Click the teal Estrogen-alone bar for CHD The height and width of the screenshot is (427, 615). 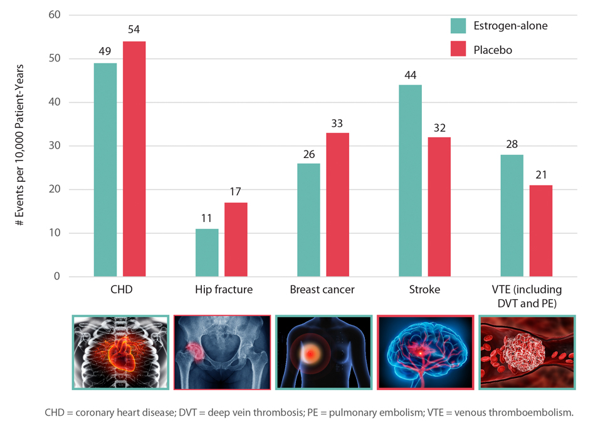(105, 169)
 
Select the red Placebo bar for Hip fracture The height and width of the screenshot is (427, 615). (236, 240)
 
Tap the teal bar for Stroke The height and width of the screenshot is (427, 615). (410, 181)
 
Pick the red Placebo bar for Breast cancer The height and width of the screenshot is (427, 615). (337, 204)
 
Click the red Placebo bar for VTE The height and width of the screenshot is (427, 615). (541, 231)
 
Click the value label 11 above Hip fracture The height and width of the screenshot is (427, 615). (207, 219)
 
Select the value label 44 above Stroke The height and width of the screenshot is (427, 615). (410, 75)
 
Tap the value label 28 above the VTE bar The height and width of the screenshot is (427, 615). (512, 145)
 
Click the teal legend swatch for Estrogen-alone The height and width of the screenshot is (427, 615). (458, 26)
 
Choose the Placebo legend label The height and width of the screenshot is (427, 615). (493, 50)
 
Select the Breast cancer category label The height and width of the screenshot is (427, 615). (322, 290)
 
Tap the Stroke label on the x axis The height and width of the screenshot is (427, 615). (424, 290)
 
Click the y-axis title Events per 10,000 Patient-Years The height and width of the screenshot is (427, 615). (21, 145)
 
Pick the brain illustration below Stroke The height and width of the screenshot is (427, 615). (424, 352)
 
